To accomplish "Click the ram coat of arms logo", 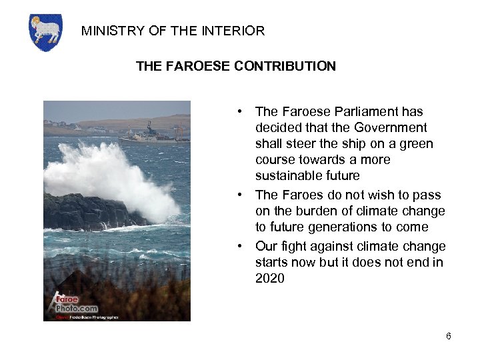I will point(45,32).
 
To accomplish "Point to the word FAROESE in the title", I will point(197,66).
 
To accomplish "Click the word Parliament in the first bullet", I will point(362,111).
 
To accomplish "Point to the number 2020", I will point(269,278).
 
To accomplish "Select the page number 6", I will point(449,336).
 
